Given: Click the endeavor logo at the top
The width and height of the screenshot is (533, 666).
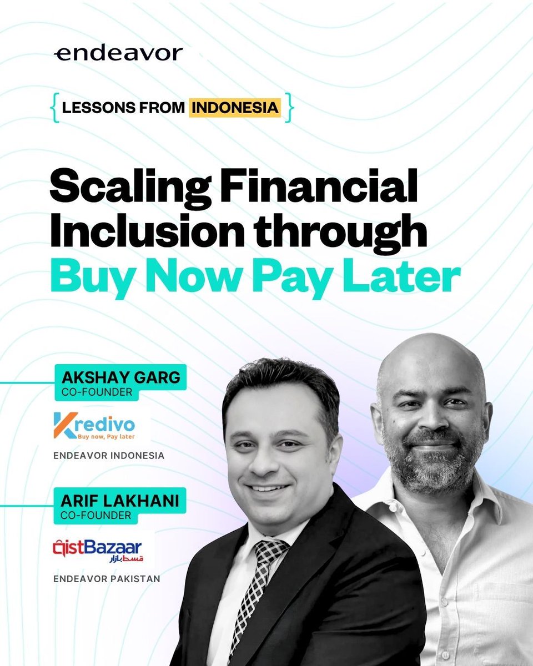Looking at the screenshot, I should click(x=118, y=54).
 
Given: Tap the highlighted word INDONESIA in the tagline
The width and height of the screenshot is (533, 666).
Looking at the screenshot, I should click(x=235, y=107).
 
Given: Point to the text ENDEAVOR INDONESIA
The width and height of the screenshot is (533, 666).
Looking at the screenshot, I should click(x=109, y=456).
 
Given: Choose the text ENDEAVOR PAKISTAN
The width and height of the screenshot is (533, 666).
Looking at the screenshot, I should click(x=107, y=579).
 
